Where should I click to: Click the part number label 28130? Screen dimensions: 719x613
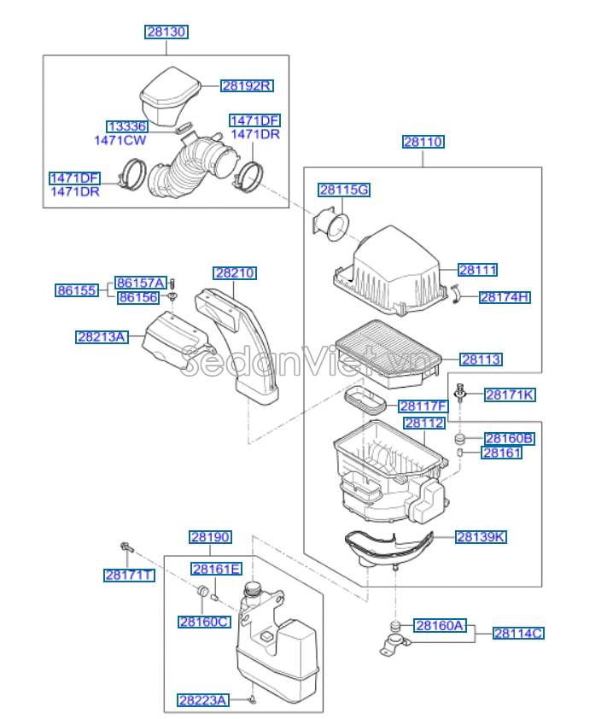pyautogui.click(x=166, y=32)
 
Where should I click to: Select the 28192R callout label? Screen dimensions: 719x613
pyautogui.click(x=247, y=85)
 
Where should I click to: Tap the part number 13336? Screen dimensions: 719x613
pyautogui.click(x=126, y=126)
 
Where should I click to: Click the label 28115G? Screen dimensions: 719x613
pyautogui.click(x=343, y=190)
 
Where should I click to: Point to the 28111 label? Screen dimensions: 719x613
pyautogui.click(x=477, y=270)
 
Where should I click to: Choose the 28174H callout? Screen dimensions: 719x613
pyautogui.click(x=504, y=297)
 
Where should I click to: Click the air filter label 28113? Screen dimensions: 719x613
pyautogui.click(x=481, y=359)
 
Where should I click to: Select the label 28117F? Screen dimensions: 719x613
pyautogui.click(x=423, y=406)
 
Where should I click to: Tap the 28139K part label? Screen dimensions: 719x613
pyautogui.click(x=480, y=537)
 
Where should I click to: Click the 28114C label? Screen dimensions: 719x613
pyautogui.click(x=517, y=633)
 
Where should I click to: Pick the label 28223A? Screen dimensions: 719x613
pyautogui.click(x=203, y=700)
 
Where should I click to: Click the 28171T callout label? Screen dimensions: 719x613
pyautogui.click(x=129, y=576)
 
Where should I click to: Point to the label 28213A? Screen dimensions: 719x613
pyautogui.click(x=101, y=337)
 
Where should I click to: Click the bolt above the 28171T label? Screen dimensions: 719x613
pyautogui.click(x=126, y=547)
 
